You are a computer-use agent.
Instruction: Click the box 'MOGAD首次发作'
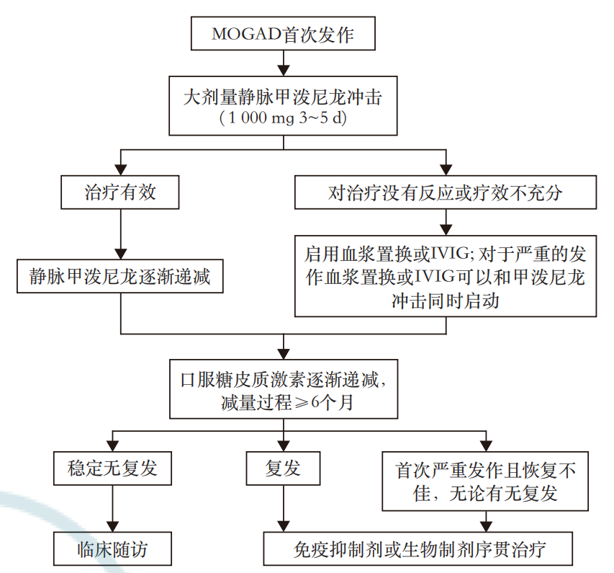[x=283, y=35]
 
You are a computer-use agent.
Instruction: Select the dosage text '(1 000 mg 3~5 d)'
[x=283, y=119]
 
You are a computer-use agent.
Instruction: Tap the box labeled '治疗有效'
[x=119, y=193]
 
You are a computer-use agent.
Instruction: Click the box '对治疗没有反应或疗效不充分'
[x=446, y=193]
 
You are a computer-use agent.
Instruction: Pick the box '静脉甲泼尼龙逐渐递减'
[x=119, y=277]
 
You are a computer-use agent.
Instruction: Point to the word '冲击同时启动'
[x=446, y=301]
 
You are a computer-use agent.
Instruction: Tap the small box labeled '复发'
[x=283, y=469]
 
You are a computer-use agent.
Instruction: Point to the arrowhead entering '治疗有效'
[x=119, y=170]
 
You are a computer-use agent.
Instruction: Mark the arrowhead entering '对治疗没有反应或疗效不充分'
[x=446, y=170]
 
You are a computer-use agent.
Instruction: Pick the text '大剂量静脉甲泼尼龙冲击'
[x=283, y=97]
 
